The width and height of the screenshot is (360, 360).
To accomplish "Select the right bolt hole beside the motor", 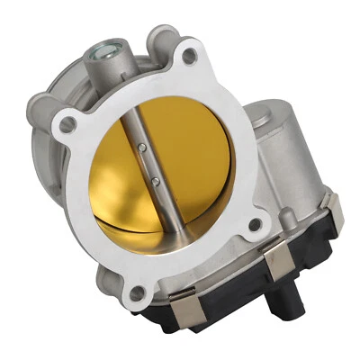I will [255, 225].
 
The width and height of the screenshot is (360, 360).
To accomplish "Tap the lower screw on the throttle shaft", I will [156, 183].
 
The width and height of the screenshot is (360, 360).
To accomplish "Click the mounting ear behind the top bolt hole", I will [162, 40].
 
